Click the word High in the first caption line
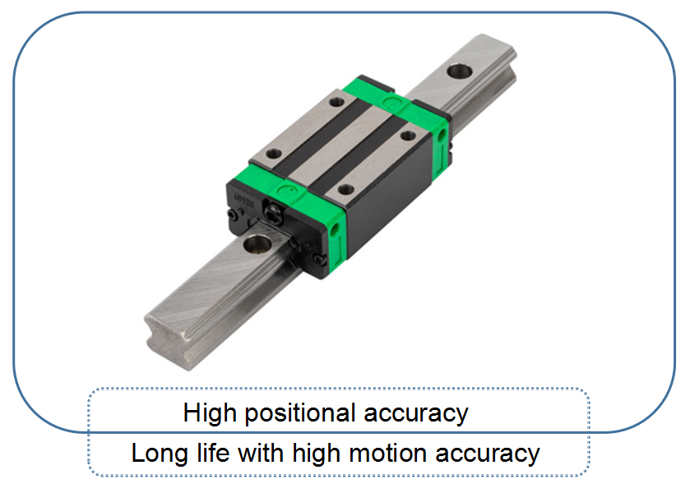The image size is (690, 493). [210, 413]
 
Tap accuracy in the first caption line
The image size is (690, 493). [416, 414]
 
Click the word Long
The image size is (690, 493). [160, 454]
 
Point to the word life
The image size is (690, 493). [213, 453]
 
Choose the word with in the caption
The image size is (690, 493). [260, 453]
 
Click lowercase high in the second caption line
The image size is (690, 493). [316, 454]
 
